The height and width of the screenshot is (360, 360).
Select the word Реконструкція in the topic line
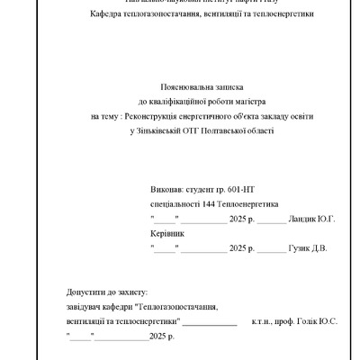(157, 117)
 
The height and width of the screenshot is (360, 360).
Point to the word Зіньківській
(157, 130)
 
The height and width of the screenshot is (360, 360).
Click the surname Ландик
(301, 220)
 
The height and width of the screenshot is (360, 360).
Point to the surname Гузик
(300, 247)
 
